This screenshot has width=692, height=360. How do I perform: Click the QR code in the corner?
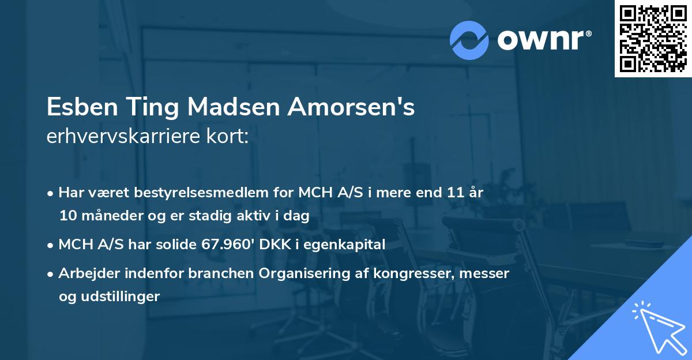pyautogui.click(x=653, y=38)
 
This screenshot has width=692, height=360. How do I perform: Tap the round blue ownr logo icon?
pyautogui.click(x=469, y=40)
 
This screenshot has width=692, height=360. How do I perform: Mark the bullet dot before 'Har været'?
pyautogui.click(x=51, y=193)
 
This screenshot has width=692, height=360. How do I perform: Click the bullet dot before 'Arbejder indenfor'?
pyautogui.click(x=51, y=274)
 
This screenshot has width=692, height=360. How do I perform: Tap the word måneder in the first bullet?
pyautogui.click(x=103, y=216)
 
